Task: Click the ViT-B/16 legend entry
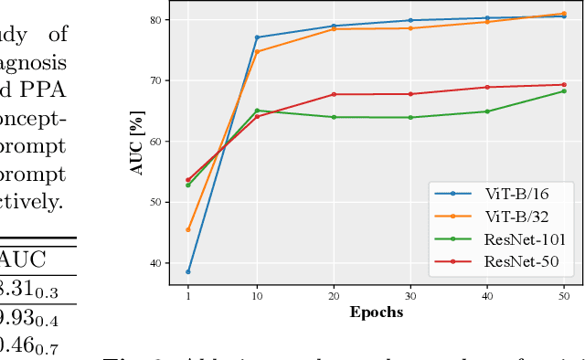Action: tap(516, 194)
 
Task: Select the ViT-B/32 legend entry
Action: tap(516, 217)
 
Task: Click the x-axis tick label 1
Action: tap(188, 297)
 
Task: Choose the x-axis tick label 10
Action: tap(257, 297)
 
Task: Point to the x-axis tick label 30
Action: tap(409, 297)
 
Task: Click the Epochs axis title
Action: tap(376, 312)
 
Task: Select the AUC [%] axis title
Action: tap(138, 142)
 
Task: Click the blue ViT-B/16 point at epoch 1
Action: tap(188, 271)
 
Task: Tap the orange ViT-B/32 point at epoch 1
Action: tap(188, 229)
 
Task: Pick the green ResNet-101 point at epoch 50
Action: tap(563, 90)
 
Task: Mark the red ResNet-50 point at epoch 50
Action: tap(563, 85)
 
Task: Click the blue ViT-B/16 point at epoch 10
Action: tap(257, 37)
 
